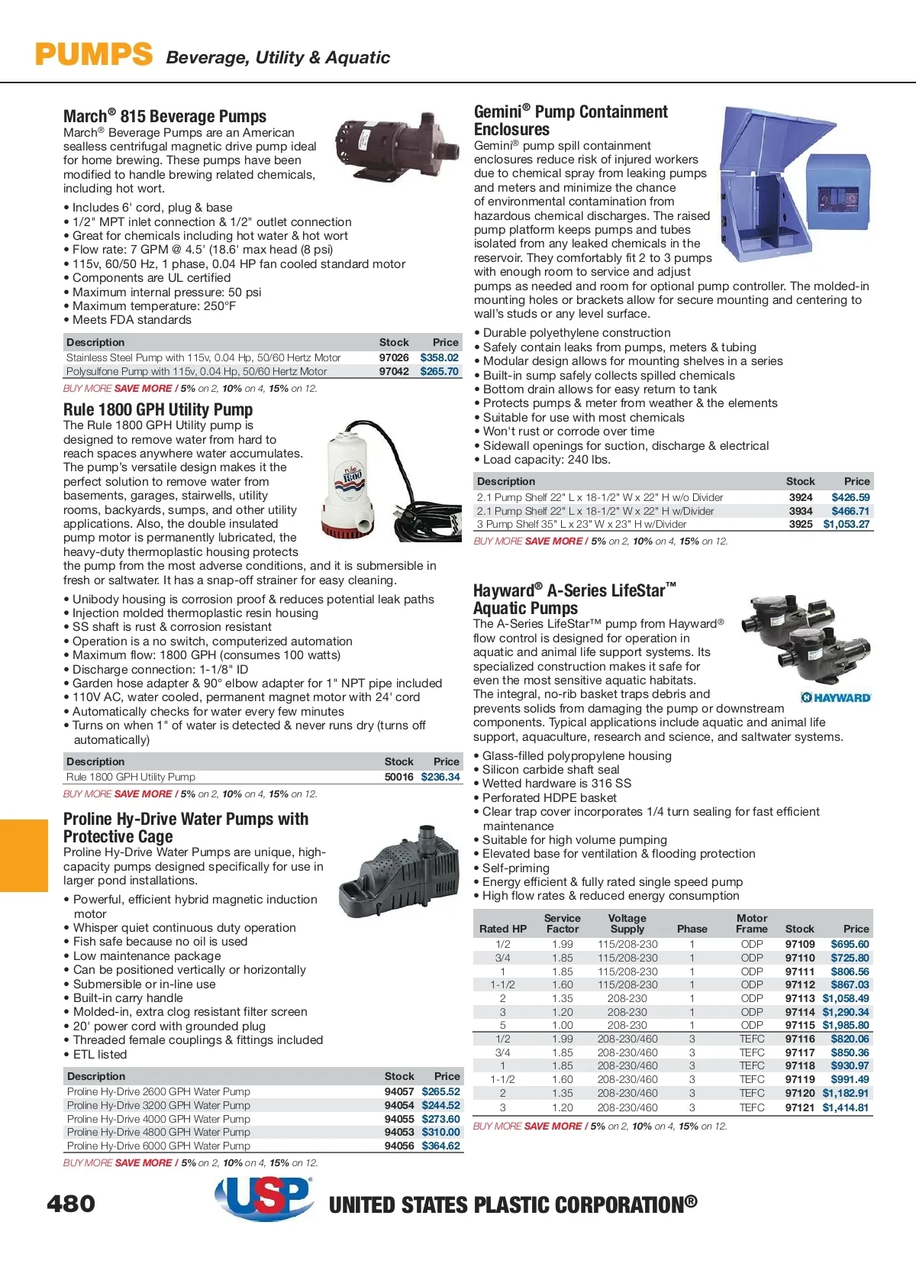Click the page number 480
click(x=71, y=1204)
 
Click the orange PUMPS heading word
click(x=94, y=55)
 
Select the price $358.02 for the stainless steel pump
click(x=439, y=357)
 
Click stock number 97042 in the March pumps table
click(x=394, y=371)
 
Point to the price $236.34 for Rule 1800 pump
click(x=440, y=777)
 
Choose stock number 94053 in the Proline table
click(x=399, y=1132)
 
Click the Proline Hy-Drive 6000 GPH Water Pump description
click(x=159, y=1146)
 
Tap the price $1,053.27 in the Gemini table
click(x=846, y=524)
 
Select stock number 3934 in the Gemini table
click(x=801, y=511)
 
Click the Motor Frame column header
click(x=751, y=923)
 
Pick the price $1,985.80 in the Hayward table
click(x=845, y=1025)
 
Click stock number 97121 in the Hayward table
click(x=800, y=1107)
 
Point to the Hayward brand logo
click(x=836, y=697)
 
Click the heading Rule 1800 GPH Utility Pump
click(x=158, y=409)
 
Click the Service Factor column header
click(x=563, y=923)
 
